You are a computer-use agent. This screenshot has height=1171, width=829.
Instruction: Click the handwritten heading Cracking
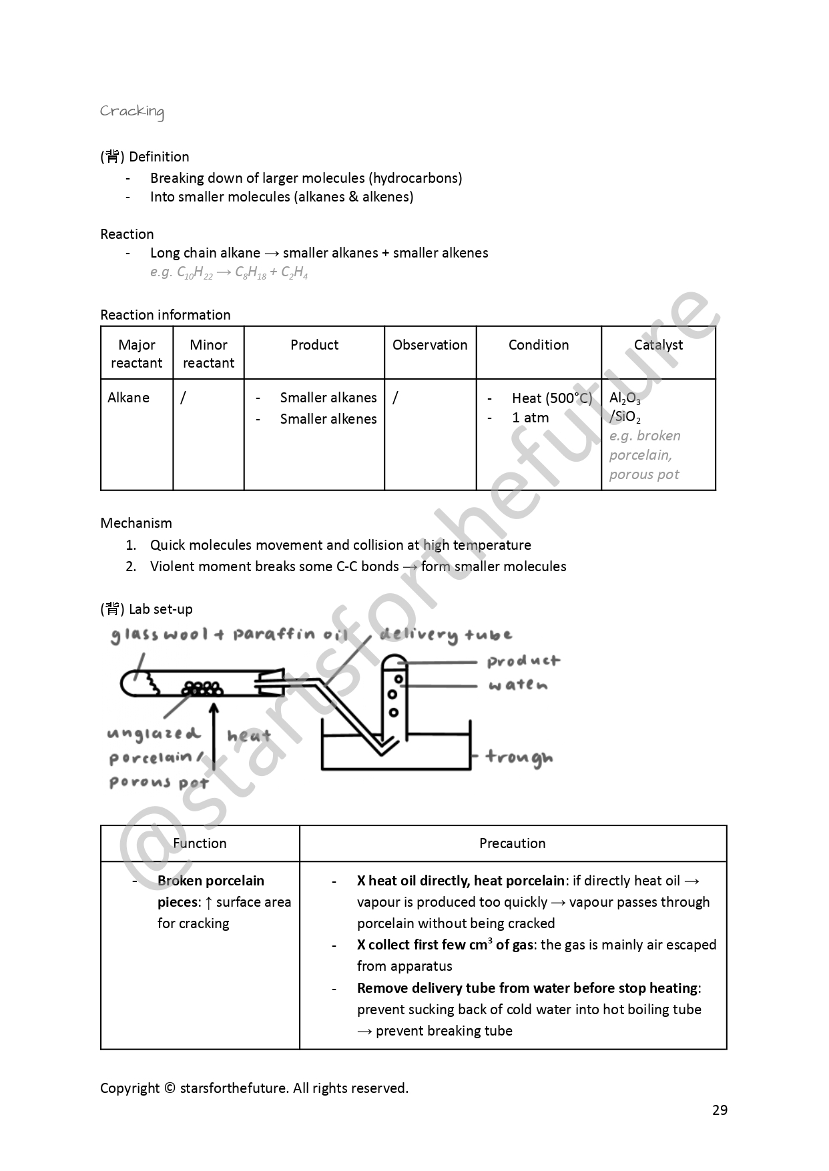coord(131,111)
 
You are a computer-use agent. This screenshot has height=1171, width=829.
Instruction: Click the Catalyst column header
coord(658,345)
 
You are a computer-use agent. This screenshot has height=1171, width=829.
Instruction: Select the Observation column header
coord(430,345)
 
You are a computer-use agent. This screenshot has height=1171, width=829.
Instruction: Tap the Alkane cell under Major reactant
coord(128,398)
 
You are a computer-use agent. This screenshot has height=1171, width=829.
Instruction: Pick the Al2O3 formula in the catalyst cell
coord(625,398)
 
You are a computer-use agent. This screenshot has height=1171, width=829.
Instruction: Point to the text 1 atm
coord(530,418)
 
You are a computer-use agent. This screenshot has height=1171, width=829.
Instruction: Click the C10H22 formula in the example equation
coord(194,272)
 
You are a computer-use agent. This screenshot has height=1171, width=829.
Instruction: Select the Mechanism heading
coord(136,523)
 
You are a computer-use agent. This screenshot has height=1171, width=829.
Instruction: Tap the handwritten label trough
coord(519,757)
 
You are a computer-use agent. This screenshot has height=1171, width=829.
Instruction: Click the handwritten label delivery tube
coord(446,635)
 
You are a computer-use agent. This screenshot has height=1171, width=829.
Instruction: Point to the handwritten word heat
coord(248,736)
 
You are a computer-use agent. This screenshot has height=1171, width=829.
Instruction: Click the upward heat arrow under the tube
coord(214,734)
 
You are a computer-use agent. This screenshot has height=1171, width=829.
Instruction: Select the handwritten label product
coord(523,661)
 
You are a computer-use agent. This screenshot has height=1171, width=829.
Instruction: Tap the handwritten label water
coord(518,685)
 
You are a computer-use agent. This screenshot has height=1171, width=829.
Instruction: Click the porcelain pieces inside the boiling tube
coord(202,688)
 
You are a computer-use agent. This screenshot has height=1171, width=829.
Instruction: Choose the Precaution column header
coord(513,843)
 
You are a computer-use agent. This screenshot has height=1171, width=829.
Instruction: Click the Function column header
coord(200,843)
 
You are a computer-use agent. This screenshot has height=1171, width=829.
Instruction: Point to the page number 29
coord(720,1110)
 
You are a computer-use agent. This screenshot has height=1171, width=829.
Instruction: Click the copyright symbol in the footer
coord(170,1088)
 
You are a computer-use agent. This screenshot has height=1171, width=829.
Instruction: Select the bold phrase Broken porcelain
coord(211,881)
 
